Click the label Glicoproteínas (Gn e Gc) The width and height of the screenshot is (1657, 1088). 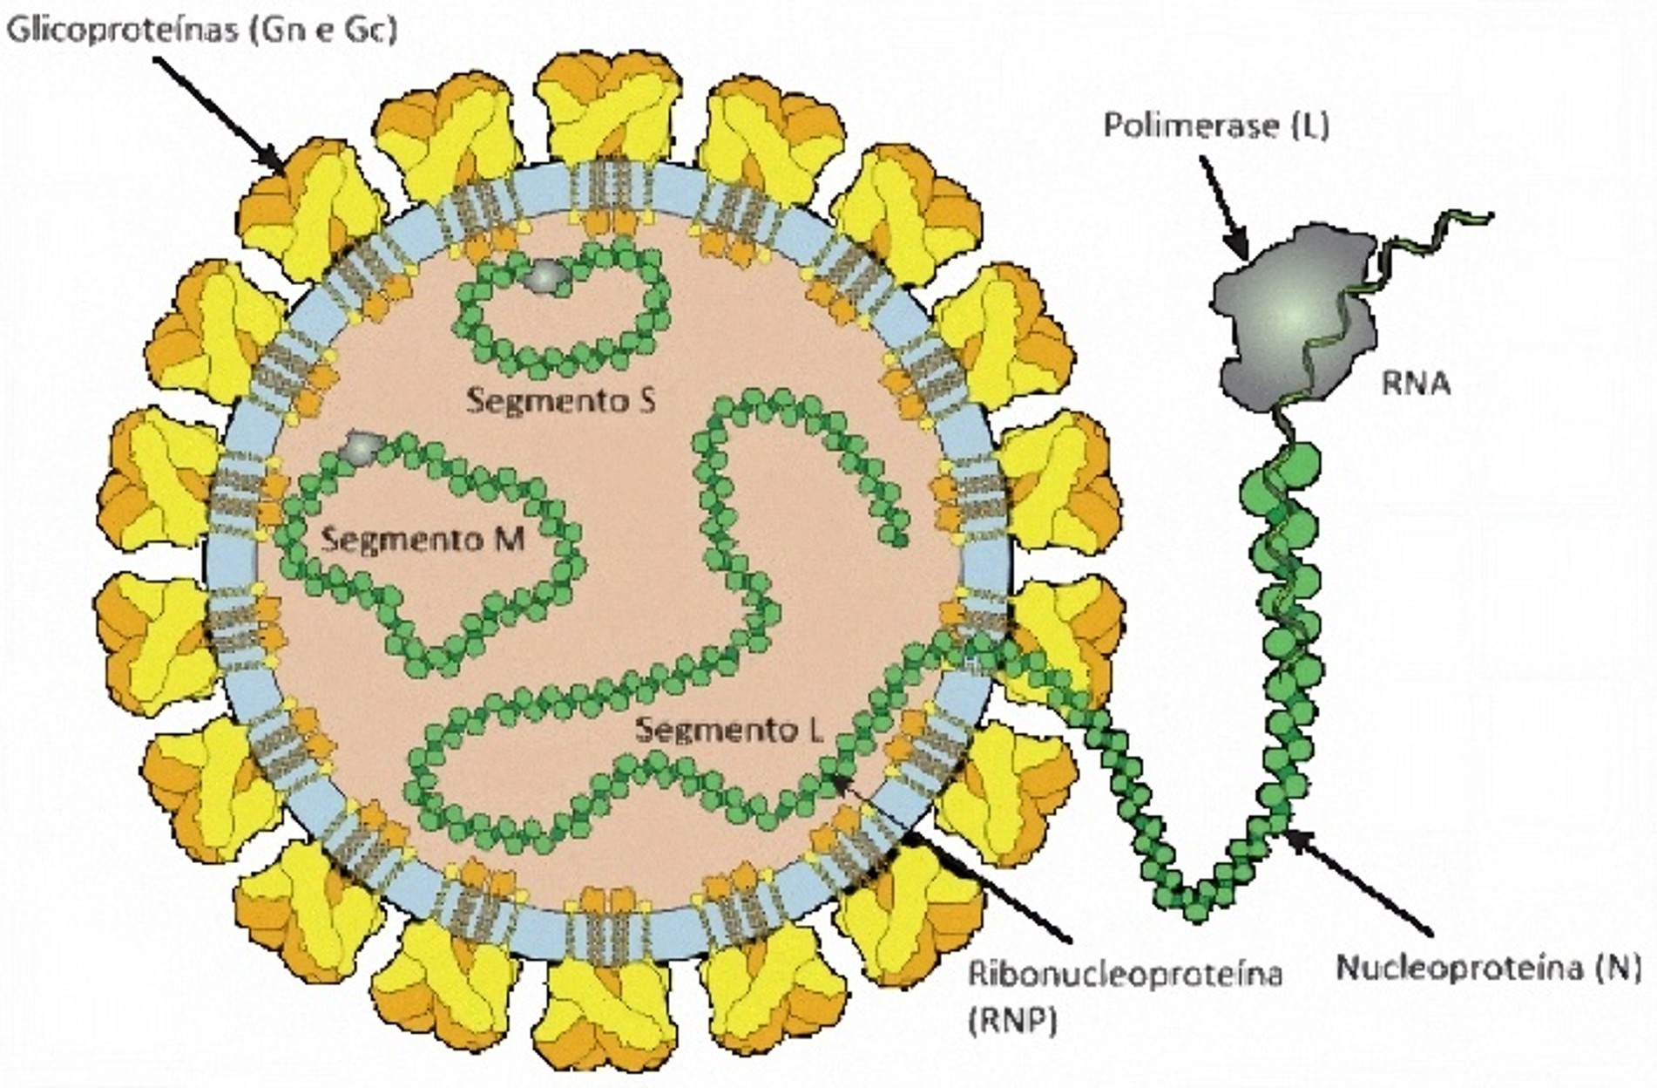tap(203, 30)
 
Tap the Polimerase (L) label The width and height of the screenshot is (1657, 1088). tap(1216, 126)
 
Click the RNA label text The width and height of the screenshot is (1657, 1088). tap(1416, 383)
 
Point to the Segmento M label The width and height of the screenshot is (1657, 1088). tap(423, 539)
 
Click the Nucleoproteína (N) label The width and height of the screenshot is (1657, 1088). tap(1488, 967)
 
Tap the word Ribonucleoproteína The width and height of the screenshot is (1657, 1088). tap(1126, 974)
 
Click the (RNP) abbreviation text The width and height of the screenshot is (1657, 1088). tap(1012, 1020)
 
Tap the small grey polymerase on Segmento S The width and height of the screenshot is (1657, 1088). tap(545, 275)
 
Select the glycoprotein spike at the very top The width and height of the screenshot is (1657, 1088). tap(607, 106)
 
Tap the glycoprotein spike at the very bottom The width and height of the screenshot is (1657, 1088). tap(607, 1011)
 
